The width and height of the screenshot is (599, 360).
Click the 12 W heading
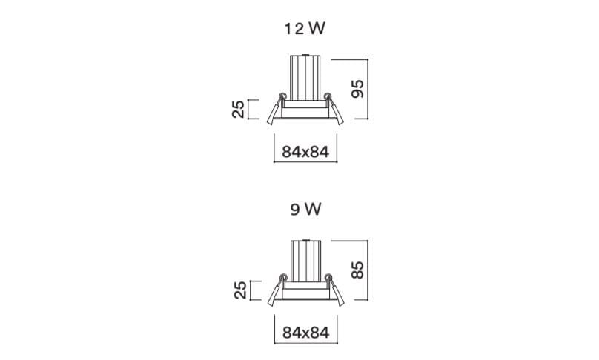pos(305,29)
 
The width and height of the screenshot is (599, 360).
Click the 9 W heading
pos(305,209)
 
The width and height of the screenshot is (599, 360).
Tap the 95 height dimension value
pos(357,89)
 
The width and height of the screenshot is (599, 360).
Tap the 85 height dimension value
pos(357,270)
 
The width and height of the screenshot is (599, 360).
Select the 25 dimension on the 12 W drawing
pos(238,109)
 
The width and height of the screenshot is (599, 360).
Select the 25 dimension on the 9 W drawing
pos(240,290)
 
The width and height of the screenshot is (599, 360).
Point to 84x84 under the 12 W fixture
pos(305,152)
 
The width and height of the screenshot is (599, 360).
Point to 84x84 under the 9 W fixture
pos(305,333)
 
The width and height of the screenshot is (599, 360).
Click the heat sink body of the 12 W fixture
pos(305,78)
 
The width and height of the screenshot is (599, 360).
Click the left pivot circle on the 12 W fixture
pos(282,96)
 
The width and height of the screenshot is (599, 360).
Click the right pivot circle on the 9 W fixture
pos(328,277)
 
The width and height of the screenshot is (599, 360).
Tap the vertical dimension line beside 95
pos(368,89)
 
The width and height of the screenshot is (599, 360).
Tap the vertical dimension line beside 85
pos(368,270)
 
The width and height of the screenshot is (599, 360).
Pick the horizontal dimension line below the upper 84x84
pos(305,162)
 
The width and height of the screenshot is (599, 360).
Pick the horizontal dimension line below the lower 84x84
pos(305,343)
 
